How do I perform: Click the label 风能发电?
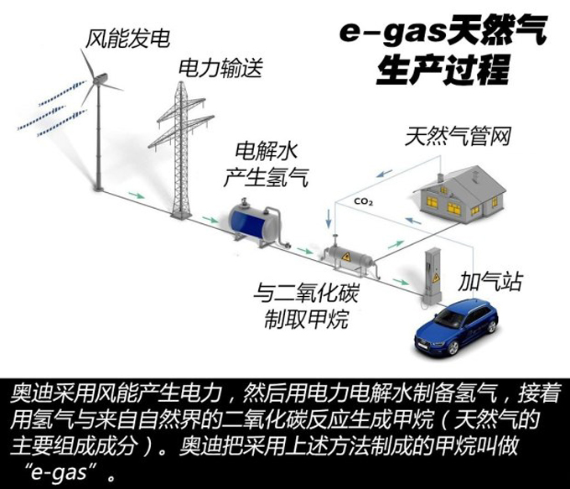click(x=127, y=39)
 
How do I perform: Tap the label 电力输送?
click(x=220, y=68)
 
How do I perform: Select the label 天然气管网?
click(x=458, y=137)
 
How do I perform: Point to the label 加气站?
click(x=490, y=281)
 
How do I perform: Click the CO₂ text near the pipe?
click(x=363, y=201)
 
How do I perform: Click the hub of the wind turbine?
click(x=96, y=81)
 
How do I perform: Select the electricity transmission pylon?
click(x=181, y=149)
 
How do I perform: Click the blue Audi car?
click(x=456, y=326)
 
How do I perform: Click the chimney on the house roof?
click(x=440, y=178)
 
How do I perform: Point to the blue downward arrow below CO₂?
click(x=329, y=218)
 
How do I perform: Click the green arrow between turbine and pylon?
click(x=137, y=195)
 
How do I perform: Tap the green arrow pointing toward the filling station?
click(x=400, y=282)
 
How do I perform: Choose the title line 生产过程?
click(x=442, y=70)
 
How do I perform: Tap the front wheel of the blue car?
click(x=452, y=348)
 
